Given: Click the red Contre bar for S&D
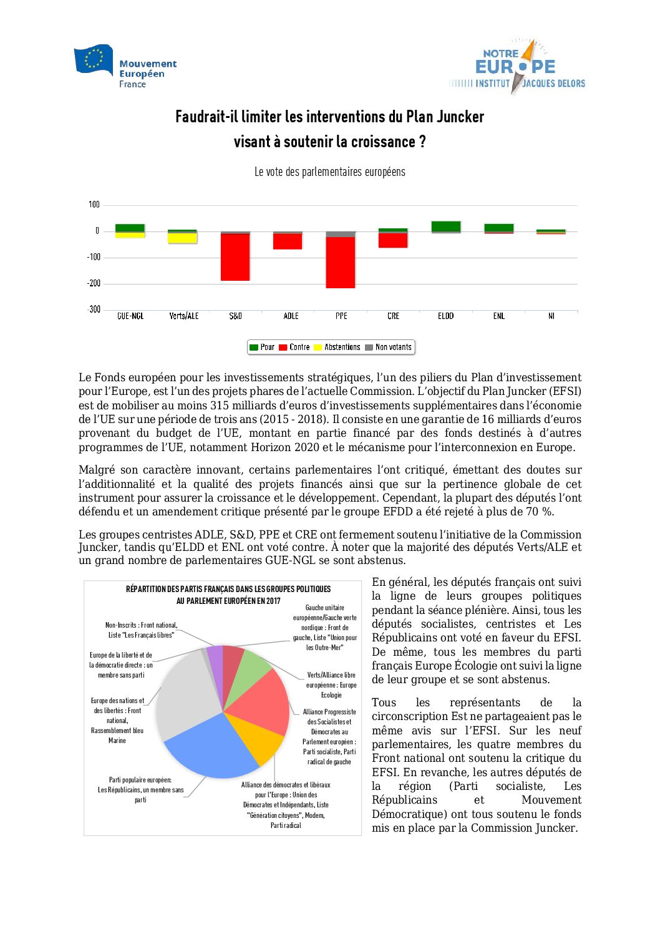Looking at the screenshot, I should [x=235, y=257].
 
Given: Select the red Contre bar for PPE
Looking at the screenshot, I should [x=341, y=262].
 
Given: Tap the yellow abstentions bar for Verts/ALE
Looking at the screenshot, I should [x=183, y=238].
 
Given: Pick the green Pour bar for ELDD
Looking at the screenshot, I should [x=446, y=226].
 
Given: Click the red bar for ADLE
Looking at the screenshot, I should [x=288, y=241].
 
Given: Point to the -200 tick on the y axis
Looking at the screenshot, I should [x=94, y=283].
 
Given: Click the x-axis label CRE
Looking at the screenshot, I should [x=393, y=316].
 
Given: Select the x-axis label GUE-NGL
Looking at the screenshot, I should [x=130, y=316].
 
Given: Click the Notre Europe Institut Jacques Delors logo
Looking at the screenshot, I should [x=517, y=66].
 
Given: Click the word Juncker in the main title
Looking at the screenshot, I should [x=460, y=117].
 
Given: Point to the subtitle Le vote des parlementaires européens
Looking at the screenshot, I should [x=329, y=172].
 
